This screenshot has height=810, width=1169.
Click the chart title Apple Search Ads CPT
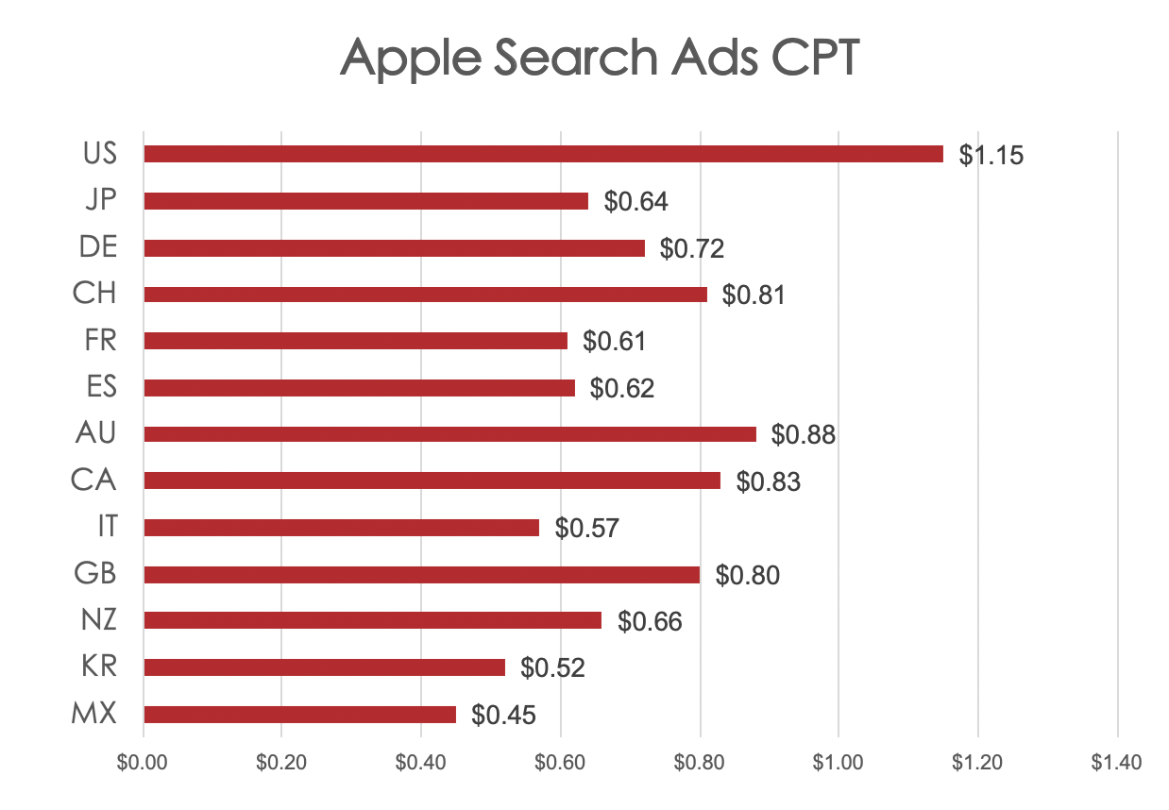click(600, 59)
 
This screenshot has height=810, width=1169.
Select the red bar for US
click(543, 154)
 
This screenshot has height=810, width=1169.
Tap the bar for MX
click(299, 715)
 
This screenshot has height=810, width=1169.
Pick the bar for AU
click(449, 434)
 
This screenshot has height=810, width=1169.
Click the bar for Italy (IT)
click(341, 528)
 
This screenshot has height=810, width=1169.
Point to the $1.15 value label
click(991, 156)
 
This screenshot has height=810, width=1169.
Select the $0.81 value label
click(754, 295)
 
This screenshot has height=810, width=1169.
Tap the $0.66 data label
click(650, 622)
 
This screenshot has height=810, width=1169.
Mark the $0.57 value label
click(586, 529)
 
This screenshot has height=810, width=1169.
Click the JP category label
click(100, 200)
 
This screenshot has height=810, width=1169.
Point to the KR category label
click(97, 667)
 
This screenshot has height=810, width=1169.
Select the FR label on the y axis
click(100, 340)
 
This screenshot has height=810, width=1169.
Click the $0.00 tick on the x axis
click(143, 762)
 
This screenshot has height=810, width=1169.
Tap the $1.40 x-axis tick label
click(1118, 762)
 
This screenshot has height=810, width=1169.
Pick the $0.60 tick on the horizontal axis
click(561, 762)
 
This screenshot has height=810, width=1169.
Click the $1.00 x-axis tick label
click(839, 762)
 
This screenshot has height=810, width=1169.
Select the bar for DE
click(394, 247)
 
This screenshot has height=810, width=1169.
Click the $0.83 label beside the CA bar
click(768, 482)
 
